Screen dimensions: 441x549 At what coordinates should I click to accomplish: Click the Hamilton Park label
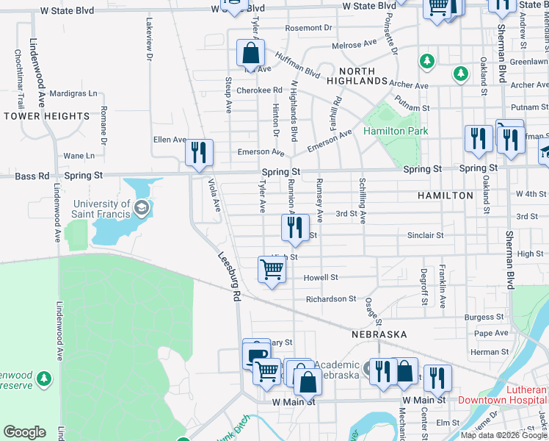pos(395,131)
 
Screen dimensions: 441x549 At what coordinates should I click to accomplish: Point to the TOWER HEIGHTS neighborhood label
pos(46,116)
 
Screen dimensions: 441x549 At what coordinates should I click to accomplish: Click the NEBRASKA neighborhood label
pos(379,334)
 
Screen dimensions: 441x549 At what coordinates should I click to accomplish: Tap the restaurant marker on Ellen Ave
pos(199,153)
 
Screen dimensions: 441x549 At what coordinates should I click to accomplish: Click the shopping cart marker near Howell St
pos(272,270)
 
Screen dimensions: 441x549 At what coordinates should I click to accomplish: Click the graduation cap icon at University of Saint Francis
pos(141,209)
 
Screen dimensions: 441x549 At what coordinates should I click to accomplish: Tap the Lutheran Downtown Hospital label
pos(503,395)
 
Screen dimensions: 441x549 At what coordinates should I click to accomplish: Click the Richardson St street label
pos(331,299)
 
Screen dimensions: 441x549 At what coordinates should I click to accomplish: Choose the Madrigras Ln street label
pos(74,94)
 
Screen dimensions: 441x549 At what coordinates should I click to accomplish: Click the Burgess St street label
pos(484,318)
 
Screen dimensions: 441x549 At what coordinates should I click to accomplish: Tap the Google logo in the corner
pos(24,432)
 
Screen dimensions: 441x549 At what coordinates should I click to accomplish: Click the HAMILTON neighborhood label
pos(446,196)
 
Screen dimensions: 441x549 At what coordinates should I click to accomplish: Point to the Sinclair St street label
pos(426,235)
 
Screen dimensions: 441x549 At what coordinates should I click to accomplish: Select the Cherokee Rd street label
pos(260,90)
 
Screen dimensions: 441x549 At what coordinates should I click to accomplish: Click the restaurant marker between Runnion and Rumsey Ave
pos(294,228)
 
